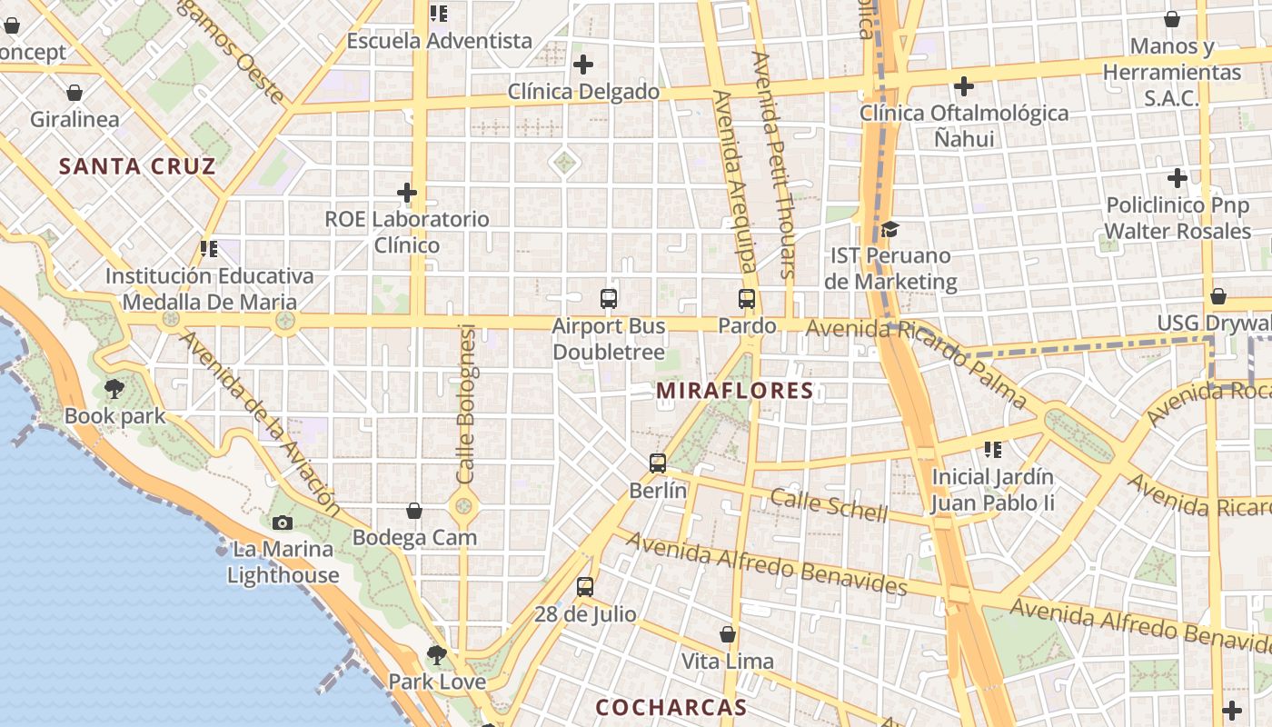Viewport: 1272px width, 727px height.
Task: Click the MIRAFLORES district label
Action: [x=734, y=391]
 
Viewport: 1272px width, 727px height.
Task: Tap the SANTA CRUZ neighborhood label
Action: [x=137, y=166]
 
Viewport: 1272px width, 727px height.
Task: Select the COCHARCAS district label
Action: [x=671, y=707]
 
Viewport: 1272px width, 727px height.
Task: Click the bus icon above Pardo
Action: [x=747, y=298]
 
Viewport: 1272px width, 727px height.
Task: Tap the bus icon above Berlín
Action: [x=658, y=463]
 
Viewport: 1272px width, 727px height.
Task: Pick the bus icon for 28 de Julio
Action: [x=585, y=586]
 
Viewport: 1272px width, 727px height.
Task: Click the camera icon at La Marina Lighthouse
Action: [x=283, y=523]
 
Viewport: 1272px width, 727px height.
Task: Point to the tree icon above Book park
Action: [x=114, y=389]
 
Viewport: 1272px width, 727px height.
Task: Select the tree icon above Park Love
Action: [x=437, y=654]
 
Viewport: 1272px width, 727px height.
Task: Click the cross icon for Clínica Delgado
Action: [x=583, y=65]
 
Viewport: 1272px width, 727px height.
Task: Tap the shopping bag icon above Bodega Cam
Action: [x=414, y=511]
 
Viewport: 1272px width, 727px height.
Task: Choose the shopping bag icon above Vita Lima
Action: [x=728, y=633]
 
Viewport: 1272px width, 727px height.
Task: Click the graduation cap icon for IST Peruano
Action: [x=889, y=229]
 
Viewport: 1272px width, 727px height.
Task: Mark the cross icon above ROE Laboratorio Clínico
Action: [x=407, y=193]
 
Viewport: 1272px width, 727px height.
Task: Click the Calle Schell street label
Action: [x=829, y=504]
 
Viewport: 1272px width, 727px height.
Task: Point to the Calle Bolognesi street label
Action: [x=466, y=403]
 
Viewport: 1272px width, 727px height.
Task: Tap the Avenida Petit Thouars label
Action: [x=774, y=164]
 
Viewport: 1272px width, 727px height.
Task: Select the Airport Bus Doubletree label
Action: [x=609, y=338]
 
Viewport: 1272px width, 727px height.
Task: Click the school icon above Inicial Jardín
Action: [x=993, y=449]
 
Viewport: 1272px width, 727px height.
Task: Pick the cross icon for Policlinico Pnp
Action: [x=1178, y=178]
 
